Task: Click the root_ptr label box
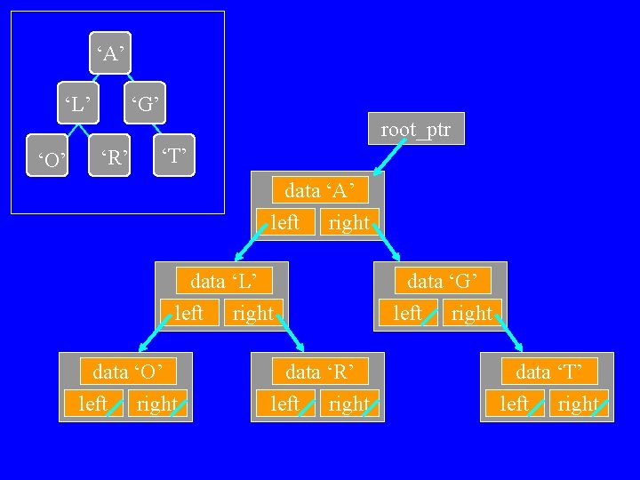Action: [x=415, y=130]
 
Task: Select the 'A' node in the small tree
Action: [x=110, y=55]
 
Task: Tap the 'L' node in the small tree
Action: [x=76, y=104]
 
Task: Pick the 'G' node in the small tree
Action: [x=146, y=104]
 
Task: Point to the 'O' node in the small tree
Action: [x=50, y=160]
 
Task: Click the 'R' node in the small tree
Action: [x=112, y=158]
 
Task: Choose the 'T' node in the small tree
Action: [x=173, y=158]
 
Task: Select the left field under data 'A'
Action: [x=284, y=221]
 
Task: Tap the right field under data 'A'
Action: [x=348, y=221]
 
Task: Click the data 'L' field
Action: [x=228, y=282]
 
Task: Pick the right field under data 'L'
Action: [x=252, y=313]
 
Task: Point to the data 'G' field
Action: [x=448, y=282]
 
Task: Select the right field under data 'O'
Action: [x=158, y=404]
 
